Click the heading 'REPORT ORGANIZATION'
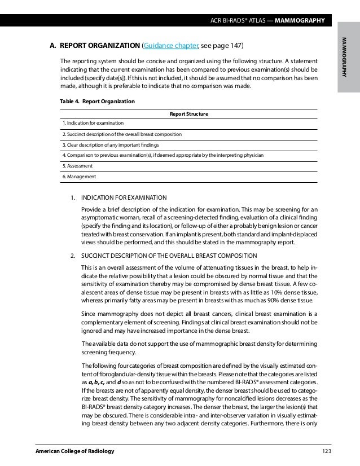(100, 46)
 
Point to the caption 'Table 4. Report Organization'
(97, 102)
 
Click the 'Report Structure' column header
(189, 114)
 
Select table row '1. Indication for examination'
(93, 123)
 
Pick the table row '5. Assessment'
(78, 166)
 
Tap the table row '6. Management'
(79, 177)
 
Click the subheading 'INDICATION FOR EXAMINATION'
(124, 197)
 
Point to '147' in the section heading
(236, 46)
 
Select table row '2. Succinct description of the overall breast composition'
(122, 134)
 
